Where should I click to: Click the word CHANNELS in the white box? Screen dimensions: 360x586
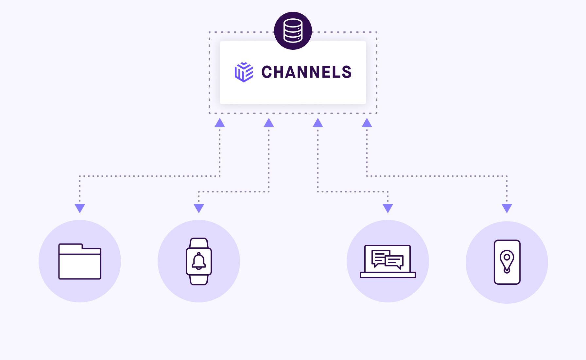[306, 72]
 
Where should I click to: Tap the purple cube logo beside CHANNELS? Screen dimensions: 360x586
[244, 72]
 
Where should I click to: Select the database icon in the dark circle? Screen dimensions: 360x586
[293, 31]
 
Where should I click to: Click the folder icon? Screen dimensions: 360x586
[80, 261]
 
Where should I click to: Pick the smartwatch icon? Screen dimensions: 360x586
[199, 261]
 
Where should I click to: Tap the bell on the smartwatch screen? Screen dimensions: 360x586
[199, 261]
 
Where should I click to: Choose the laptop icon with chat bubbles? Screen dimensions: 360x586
[388, 261]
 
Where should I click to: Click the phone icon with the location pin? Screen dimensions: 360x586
[507, 262]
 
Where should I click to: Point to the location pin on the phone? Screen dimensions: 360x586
[507, 261]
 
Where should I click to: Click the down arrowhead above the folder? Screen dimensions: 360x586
[80, 208]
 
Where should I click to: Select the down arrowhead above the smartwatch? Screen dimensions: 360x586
[199, 208]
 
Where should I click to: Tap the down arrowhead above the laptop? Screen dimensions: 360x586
[388, 208]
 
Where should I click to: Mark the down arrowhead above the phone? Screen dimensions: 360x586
[507, 208]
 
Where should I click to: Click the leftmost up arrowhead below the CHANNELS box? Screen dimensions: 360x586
[220, 123]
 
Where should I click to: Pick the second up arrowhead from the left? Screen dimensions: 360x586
[269, 123]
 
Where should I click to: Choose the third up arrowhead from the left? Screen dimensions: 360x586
[318, 123]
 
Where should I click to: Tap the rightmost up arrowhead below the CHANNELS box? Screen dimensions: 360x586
[367, 123]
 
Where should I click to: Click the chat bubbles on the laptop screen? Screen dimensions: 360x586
[388, 259]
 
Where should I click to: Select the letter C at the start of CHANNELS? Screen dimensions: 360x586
[267, 72]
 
